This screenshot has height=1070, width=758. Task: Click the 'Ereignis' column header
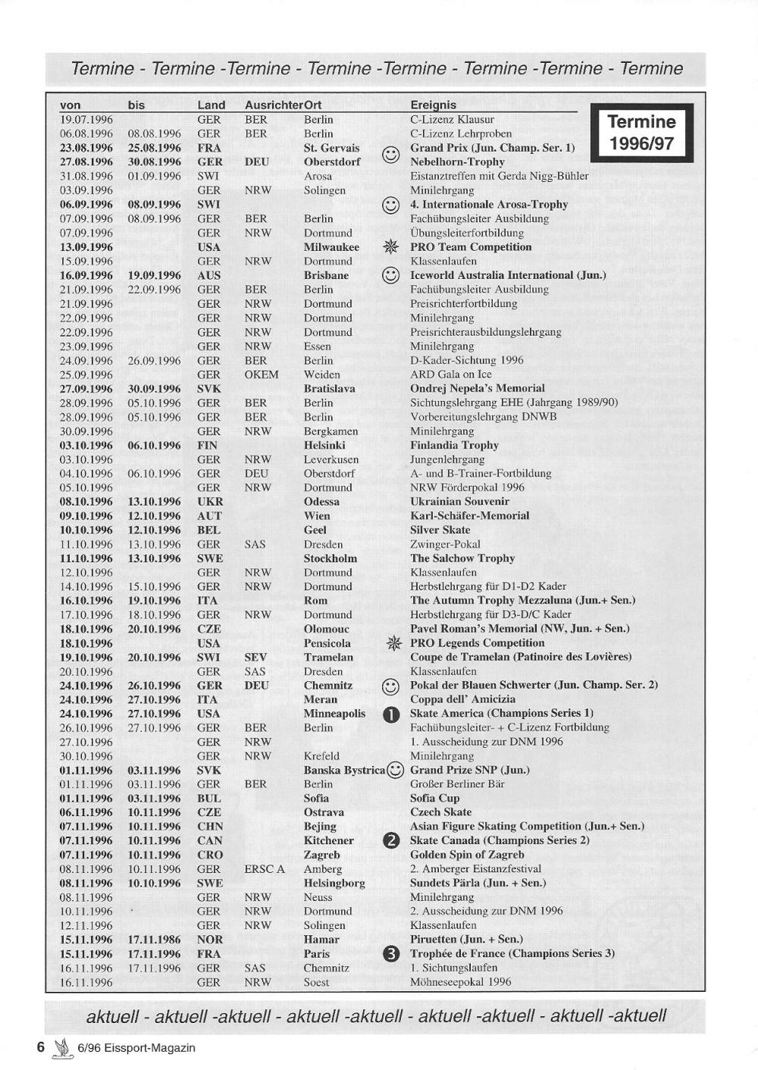click(x=433, y=105)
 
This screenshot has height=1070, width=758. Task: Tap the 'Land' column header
click(x=211, y=105)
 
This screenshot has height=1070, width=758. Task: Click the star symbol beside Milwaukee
click(x=391, y=248)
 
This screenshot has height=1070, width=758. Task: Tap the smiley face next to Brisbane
click(x=391, y=276)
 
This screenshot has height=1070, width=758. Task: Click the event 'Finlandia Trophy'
click(x=454, y=446)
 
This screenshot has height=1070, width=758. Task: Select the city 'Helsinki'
click(x=324, y=446)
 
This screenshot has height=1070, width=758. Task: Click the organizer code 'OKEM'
click(x=262, y=374)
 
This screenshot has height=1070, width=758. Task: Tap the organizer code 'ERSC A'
click(x=265, y=869)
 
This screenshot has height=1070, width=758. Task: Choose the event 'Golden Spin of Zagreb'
click(x=467, y=855)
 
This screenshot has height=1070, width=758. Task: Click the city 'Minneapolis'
click(x=334, y=714)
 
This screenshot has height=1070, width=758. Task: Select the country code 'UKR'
click(x=210, y=502)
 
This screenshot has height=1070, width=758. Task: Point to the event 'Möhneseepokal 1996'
click(x=460, y=982)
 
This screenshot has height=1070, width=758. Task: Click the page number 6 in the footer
click(x=42, y=1047)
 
